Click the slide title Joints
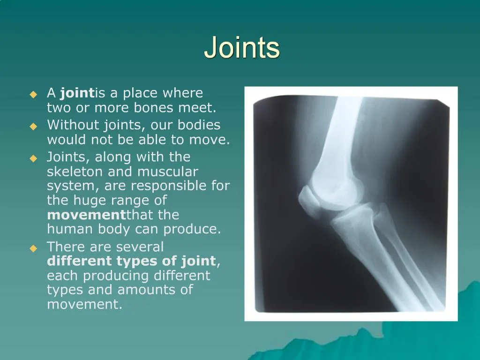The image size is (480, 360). (242, 47)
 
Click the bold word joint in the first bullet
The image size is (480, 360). (77, 93)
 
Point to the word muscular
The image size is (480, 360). (167, 172)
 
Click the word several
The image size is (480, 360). (140, 247)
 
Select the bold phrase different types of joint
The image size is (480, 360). (131, 261)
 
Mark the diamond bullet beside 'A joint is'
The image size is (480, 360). (33, 94)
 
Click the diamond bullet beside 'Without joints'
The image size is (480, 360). (33, 126)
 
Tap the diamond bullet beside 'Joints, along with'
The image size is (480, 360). (33, 158)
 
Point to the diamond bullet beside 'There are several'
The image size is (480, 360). (33, 248)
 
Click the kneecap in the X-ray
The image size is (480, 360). (310, 199)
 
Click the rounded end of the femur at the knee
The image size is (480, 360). (340, 183)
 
